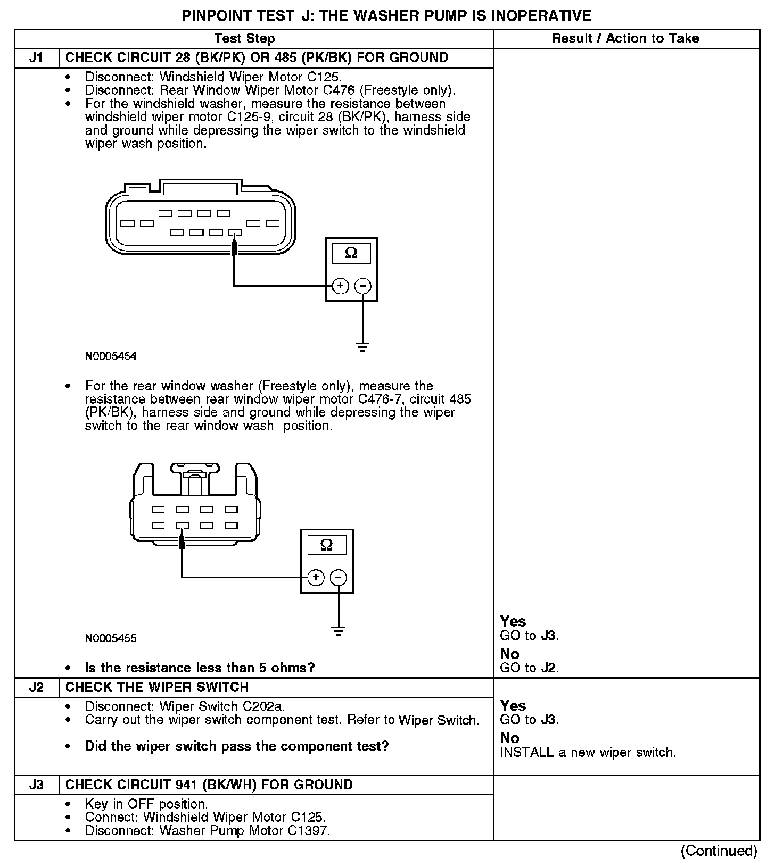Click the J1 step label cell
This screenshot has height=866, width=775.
pyautogui.click(x=36, y=58)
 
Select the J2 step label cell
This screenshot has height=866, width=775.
pyautogui.click(x=36, y=687)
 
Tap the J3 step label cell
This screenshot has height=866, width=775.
pyautogui.click(x=36, y=785)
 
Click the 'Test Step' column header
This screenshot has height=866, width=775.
pyautogui.click(x=244, y=38)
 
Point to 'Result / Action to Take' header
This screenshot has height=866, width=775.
pyautogui.click(x=625, y=38)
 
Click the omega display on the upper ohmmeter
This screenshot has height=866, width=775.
pyautogui.click(x=351, y=253)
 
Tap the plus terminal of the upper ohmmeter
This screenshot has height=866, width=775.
pyautogui.click(x=340, y=286)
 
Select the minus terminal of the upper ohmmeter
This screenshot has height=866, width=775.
pyautogui.click(x=363, y=286)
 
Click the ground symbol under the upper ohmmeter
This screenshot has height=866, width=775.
pyautogui.click(x=363, y=348)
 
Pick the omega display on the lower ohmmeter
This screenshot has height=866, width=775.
pyautogui.click(x=327, y=545)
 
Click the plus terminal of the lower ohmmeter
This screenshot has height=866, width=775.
pyautogui.click(x=316, y=577)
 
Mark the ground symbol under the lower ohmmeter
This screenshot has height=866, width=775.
pyautogui.click(x=339, y=631)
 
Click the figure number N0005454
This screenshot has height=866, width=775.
pyautogui.click(x=111, y=356)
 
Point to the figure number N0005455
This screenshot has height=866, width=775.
pyautogui.click(x=111, y=638)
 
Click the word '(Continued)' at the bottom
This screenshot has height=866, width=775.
pyautogui.click(x=719, y=851)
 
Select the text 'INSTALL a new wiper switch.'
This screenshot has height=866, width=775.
pyautogui.click(x=588, y=753)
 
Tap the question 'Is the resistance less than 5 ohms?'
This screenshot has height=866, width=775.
pyautogui.click(x=200, y=668)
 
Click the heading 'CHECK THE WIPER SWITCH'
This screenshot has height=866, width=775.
pyautogui.click(x=157, y=687)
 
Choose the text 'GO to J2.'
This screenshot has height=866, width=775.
pyautogui.click(x=530, y=668)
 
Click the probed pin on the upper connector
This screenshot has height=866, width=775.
pyautogui.click(x=235, y=232)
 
